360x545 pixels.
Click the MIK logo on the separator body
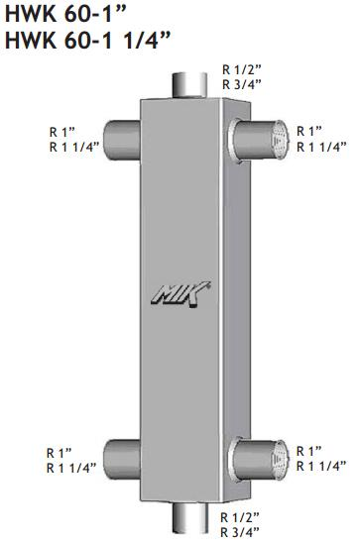click(180, 294)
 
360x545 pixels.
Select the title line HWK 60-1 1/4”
click(87, 40)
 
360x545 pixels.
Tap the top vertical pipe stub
click(189, 85)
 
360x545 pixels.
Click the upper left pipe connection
click(122, 140)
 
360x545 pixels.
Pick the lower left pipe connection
click(122, 459)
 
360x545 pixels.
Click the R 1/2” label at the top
click(242, 70)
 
